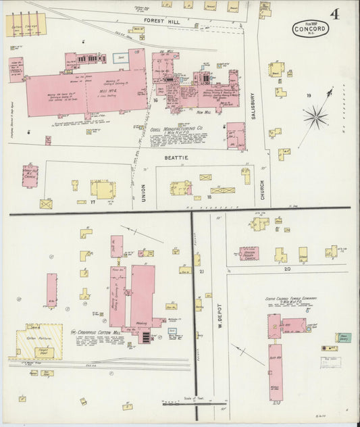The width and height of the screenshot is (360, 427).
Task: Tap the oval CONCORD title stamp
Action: [311, 29]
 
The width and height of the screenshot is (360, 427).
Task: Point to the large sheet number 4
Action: [335, 14]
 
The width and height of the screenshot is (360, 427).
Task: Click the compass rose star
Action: [315, 118]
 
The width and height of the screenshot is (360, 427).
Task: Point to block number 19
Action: [309, 96]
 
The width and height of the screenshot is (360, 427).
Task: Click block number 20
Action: [287, 269]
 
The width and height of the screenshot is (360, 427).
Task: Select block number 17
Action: [93, 201]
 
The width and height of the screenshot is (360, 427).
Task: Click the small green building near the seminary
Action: [344, 337]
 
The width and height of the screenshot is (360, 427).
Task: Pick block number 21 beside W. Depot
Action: [201, 271]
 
